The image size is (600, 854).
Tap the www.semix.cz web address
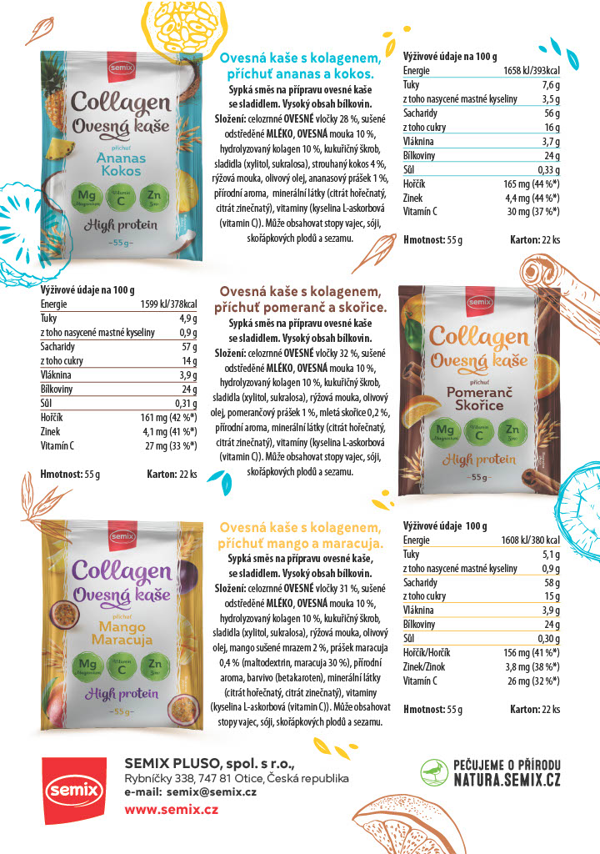coord(171,810)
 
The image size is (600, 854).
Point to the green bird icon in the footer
coord(432,772)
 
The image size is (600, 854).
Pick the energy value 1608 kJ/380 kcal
coord(530,540)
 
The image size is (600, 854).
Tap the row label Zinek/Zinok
coord(425,666)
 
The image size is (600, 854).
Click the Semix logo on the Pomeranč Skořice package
coord(479,303)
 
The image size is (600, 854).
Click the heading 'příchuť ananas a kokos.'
coord(295,74)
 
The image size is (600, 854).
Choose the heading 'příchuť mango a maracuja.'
coord(301,543)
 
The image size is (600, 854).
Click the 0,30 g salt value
coord(547,638)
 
